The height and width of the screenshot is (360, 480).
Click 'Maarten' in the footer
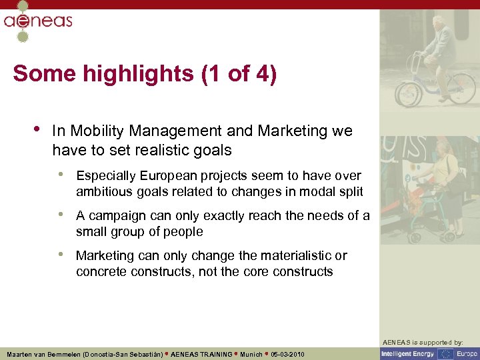tap(22, 354)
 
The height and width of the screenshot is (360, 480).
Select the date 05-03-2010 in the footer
tap(287, 354)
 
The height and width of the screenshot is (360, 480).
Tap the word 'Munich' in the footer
tap(251, 354)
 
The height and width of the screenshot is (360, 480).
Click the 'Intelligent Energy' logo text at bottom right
tap(409, 354)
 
